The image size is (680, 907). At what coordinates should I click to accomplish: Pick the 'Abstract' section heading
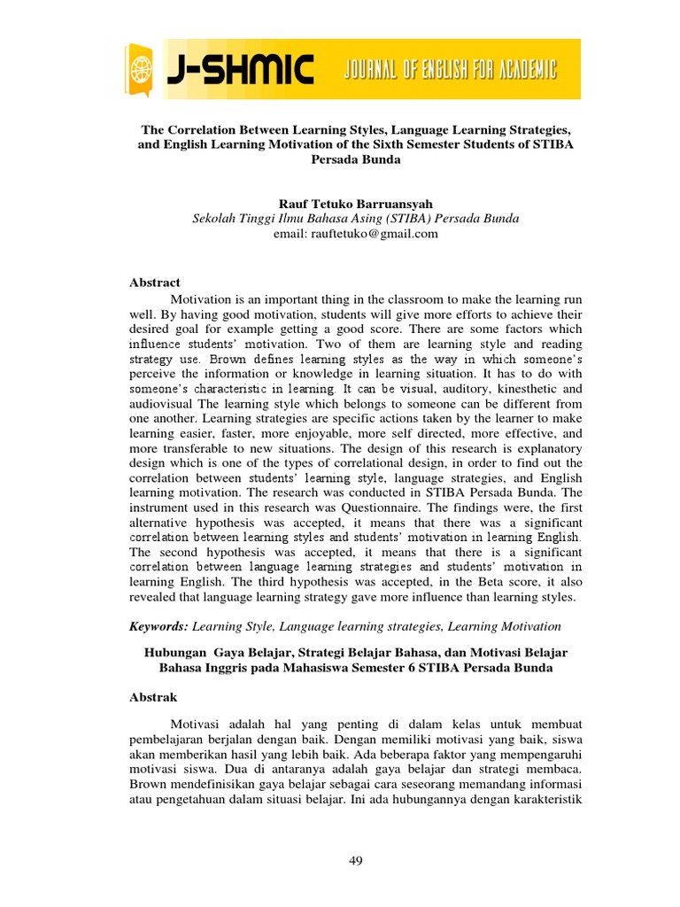point(155,283)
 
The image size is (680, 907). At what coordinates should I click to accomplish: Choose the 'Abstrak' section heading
point(154,697)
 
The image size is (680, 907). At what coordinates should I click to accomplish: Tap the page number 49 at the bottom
point(356,860)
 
